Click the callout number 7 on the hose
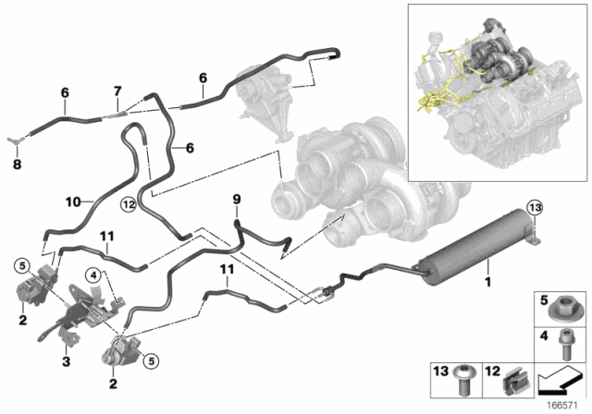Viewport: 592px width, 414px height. pyautogui.click(x=117, y=91)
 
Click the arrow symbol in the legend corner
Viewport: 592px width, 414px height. pyautogui.click(x=561, y=378)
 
